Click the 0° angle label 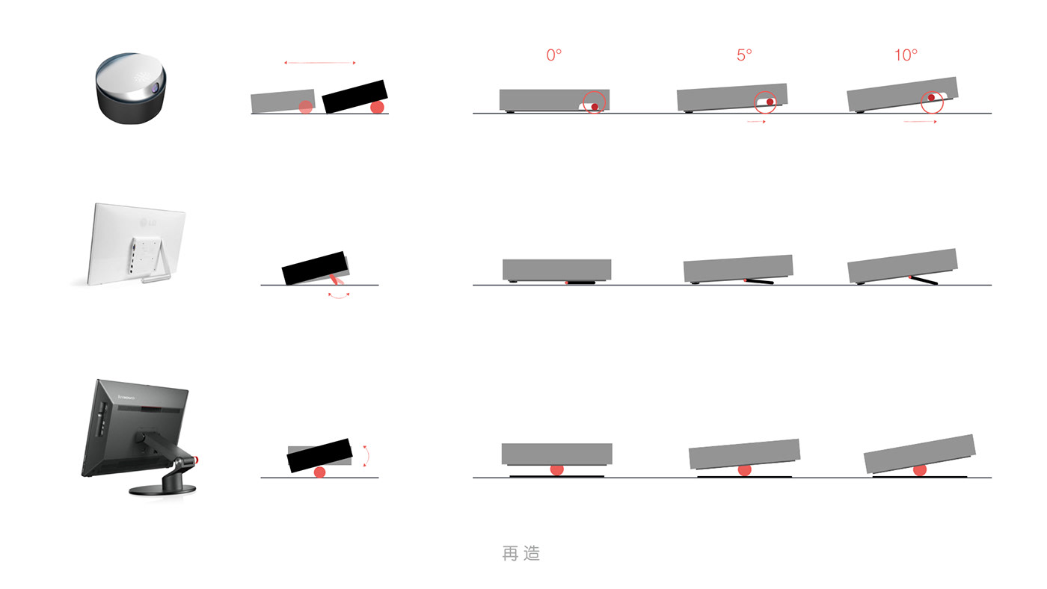(x=554, y=55)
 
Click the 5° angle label (x=744, y=55)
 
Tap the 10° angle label (x=906, y=55)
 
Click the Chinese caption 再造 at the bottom (x=521, y=553)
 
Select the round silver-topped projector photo (x=131, y=87)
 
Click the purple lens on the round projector (x=155, y=87)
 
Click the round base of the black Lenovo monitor (x=162, y=490)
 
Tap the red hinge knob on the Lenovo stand (x=196, y=460)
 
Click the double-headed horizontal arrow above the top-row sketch (x=320, y=63)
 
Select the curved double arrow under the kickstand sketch (x=339, y=296)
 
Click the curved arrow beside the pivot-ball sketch (x=367, y=456)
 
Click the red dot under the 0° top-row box (x=595, y=107)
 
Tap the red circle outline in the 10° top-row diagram (x=932, y=102)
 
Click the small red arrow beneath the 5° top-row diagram (x=756, y=122)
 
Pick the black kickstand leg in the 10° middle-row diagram (x=924, y=280)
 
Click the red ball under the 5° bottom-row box (x=745, y=470)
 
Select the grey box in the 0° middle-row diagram (x=556, y=270)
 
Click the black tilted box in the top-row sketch (x=354, y=96)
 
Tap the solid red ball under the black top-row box (x=377, y=108)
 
